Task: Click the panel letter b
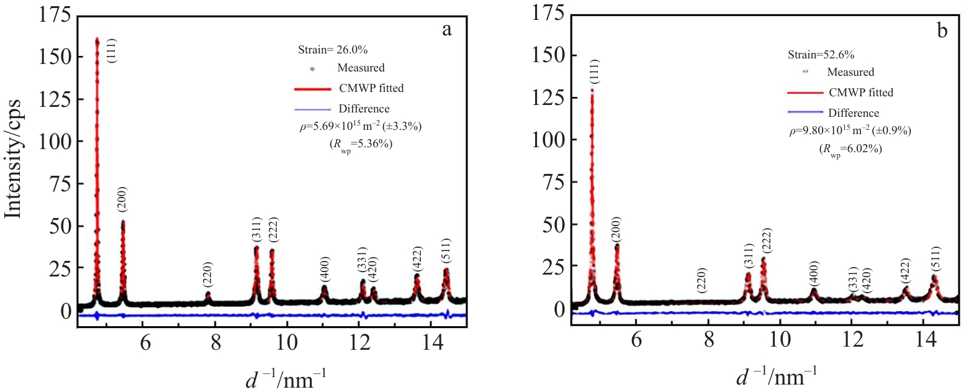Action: click(942, 30)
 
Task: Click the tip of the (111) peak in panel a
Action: click(97, 39)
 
